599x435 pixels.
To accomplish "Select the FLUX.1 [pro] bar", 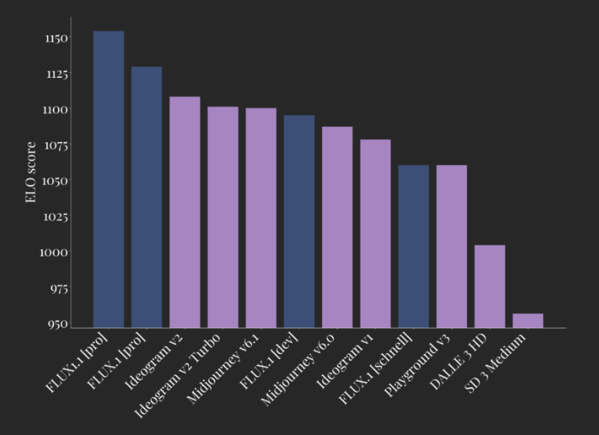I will click(x=146, y=197).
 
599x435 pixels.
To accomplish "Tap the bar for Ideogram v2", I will click(x=185, y=212).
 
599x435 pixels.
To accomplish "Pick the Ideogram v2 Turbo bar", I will click(x=223, y=217).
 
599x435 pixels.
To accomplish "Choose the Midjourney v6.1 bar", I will click(x=261, y=218).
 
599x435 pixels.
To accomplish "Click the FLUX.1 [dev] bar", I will click(x=299, y=221).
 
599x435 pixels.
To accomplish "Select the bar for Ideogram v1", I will click(x=375, y=233).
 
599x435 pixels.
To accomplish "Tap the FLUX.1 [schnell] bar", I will click(x=413, y=246).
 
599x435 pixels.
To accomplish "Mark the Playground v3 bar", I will click(x=452, y=246).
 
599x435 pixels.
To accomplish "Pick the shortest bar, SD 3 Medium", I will click(x=527, y=320).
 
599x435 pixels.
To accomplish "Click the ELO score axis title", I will click(x=31, y=172).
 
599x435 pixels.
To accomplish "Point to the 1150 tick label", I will click(x=56, y=38).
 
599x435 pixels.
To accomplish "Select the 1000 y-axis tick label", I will click(x=56, y=253).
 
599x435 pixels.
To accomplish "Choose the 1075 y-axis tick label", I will click(x=56, y=146).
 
